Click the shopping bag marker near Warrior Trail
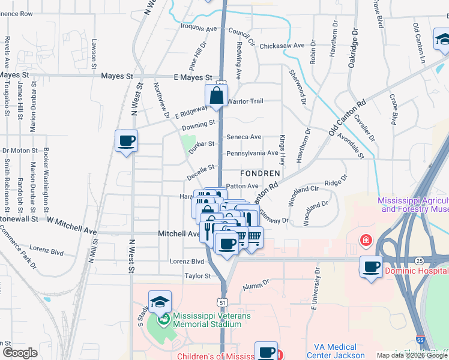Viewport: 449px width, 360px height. [x=216, y=95]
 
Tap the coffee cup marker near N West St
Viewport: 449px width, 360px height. [x=126, y=141]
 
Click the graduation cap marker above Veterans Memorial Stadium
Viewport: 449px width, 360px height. [x=160, y=302]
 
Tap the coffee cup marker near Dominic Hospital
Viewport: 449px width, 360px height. [x=372, y=266]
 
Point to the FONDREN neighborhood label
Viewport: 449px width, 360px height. [x=260, y=173]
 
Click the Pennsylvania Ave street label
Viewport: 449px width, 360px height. [x=252, y=153]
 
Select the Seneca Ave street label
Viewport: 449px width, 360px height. [x=244, y=137]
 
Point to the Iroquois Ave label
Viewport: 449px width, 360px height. [x=199, y=28]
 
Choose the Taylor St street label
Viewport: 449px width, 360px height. [x=199, y=277]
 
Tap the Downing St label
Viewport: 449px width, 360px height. [x=199, y=124]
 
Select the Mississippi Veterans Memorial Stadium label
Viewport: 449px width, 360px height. [x=207, y=320]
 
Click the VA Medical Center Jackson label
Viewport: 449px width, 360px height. [x=336, y=351]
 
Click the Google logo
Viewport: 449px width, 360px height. [x=19, y=353]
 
